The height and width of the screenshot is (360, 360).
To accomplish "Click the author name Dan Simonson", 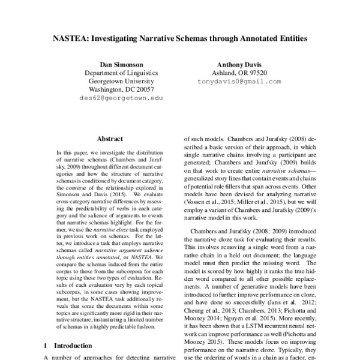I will [x=121, y=64].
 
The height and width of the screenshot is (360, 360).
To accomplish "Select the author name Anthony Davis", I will [x=239, y=64].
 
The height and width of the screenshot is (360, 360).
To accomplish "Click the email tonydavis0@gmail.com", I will [x=239, y=80].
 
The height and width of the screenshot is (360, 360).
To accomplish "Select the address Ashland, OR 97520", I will [x=239, y=73].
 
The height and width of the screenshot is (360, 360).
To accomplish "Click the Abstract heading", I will [x=110, y=138].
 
